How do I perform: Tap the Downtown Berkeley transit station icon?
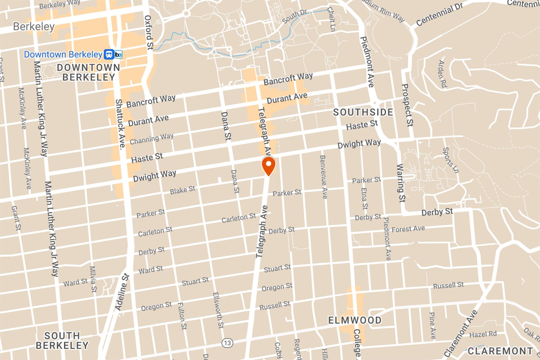113,54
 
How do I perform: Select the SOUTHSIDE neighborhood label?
363,112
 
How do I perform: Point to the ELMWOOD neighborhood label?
355,320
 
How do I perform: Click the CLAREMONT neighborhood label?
500,351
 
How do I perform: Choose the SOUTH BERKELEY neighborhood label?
62,340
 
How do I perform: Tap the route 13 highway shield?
227,343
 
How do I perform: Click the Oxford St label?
149,32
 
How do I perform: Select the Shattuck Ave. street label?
120,124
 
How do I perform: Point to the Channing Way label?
152,139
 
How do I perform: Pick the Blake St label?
183,190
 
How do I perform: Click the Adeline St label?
122,292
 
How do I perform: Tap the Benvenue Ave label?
323,176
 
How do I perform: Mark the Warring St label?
401,183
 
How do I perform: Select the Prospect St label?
407,105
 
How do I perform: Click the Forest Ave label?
408,229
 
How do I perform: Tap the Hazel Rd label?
483,334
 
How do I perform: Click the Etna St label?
364,198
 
